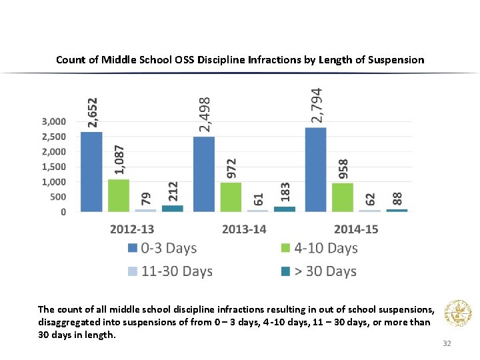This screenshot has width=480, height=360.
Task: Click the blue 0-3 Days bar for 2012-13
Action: tap(91, 172)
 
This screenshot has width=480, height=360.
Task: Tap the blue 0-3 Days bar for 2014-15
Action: tap(315, 170)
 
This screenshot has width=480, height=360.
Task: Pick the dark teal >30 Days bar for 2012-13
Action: tap(172, 209)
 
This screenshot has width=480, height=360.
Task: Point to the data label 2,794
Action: tap(317, 105)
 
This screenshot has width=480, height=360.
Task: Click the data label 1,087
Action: tap(119, 161)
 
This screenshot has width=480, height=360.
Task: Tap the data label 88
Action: tap(397, 199)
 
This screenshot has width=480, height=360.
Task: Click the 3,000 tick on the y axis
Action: tap(54, 121)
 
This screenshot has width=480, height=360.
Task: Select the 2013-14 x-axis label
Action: tap(244, 229)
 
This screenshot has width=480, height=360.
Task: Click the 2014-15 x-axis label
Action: tap(356, 229)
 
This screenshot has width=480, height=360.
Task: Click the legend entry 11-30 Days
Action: tap(177, 271)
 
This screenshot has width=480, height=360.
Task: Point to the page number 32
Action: tap(447, 344)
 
